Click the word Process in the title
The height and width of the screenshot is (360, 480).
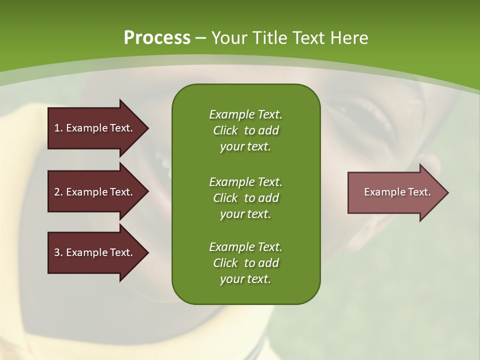click(x=157, y=38)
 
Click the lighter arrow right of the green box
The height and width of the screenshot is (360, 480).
click(x=397, y=192)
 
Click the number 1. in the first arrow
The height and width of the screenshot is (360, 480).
click(x=58, y=128)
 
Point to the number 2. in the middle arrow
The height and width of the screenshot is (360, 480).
click(x=58, y=192)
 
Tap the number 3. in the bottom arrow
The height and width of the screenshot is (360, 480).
click(x=58, y=252)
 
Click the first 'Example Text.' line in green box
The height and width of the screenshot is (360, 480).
click(x=245, y=114)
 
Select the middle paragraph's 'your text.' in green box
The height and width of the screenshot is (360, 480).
click(x=245, y=214)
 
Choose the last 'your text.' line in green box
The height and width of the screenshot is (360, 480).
click(x=245, y=279)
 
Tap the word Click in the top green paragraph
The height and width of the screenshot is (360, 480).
click(x=225, y=130)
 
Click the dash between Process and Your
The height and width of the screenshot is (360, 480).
click(x=201, y=38)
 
